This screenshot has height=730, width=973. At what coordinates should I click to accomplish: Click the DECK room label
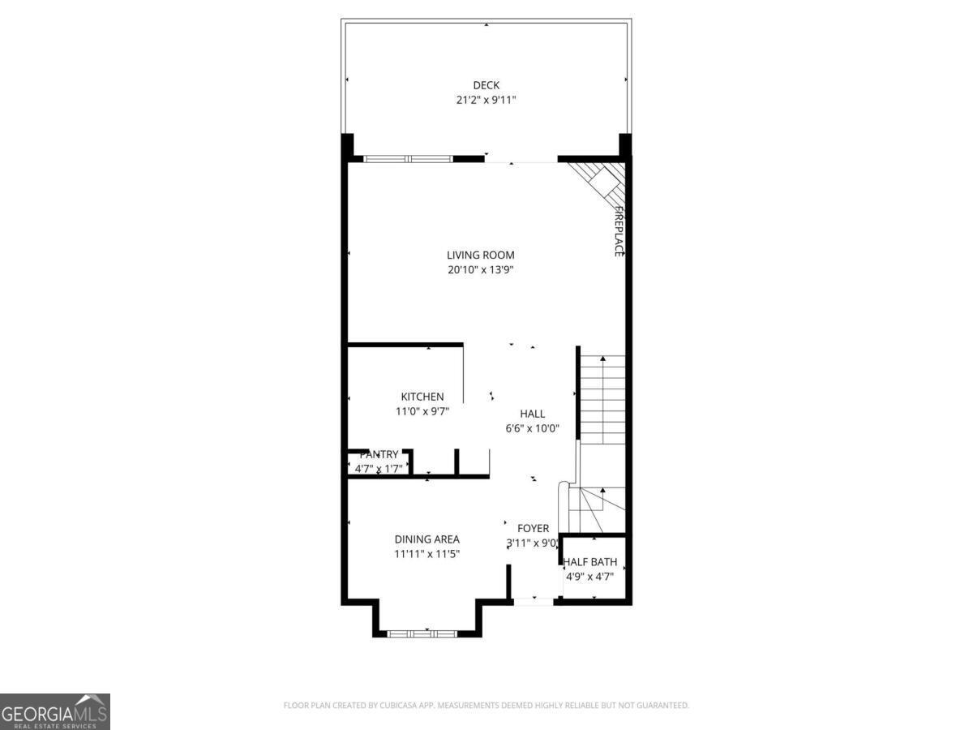486,85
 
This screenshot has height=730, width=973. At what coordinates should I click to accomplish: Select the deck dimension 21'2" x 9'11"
486,100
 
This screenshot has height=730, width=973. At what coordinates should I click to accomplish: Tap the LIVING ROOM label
480,255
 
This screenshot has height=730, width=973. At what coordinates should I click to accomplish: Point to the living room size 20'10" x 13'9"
480,269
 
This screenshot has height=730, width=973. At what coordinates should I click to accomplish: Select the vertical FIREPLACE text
618,231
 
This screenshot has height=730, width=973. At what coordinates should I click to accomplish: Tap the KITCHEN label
422,397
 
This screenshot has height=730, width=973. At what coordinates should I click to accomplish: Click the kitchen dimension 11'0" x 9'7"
422,411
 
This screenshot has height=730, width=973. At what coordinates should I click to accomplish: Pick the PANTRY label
379,455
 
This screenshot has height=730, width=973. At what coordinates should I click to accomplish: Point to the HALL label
532,414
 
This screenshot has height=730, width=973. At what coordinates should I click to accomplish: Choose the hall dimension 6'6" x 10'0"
532,428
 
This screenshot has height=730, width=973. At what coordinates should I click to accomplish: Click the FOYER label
533,529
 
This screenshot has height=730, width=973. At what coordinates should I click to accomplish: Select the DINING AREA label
426,539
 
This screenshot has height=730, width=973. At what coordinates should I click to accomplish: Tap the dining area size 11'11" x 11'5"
426,554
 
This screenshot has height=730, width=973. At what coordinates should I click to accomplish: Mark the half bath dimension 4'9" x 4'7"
589,577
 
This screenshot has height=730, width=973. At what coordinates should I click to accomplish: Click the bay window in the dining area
422,632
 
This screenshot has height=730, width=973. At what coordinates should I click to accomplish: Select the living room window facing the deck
407,159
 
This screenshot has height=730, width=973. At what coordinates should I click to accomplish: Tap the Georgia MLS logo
54,711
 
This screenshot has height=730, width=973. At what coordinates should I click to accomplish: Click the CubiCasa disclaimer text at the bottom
486,706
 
